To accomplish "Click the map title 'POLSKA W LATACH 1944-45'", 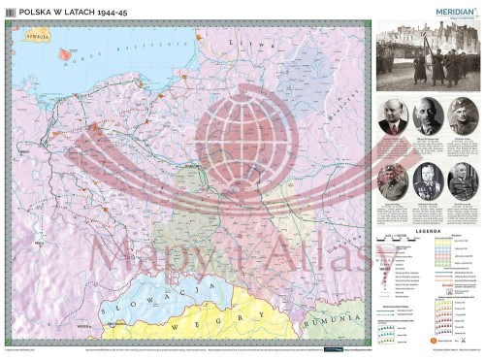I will [x=65, y=12].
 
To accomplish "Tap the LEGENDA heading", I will [x=428, y=232].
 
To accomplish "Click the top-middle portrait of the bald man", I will [x=428, y=116].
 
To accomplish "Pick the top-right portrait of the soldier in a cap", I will [x=463, y=116].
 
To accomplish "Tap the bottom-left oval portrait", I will [x=393, y=180].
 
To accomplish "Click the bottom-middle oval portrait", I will [x=428, y=180].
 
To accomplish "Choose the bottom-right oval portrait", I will [x=463, y=180].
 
